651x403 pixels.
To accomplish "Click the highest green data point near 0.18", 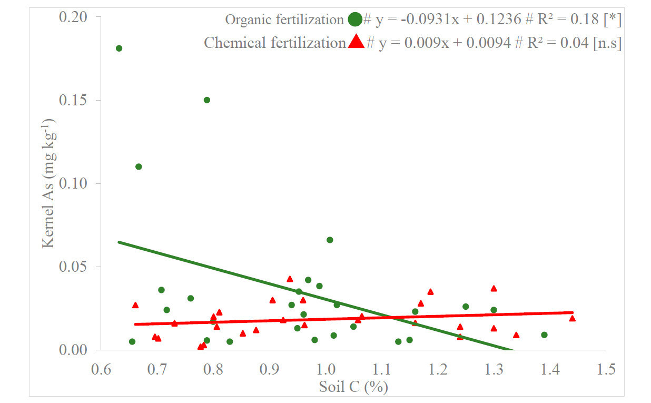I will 119,48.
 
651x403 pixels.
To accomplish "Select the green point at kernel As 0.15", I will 207,100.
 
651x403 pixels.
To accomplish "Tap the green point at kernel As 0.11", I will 139,166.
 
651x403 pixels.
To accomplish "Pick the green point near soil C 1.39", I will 544,335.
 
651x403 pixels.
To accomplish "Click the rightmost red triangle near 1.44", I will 572,318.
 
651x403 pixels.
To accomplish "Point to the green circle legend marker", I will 355,20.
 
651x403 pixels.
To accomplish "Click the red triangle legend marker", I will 356,42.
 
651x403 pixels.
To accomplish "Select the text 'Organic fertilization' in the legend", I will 284,20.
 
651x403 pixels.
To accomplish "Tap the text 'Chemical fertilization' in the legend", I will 274,43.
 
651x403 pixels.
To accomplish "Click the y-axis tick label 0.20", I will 73,17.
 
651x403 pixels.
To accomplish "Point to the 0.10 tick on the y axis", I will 73,183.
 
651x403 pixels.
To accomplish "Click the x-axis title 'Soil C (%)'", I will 353,388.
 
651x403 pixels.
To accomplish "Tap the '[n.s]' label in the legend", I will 607,43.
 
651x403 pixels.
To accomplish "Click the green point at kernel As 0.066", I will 330,240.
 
